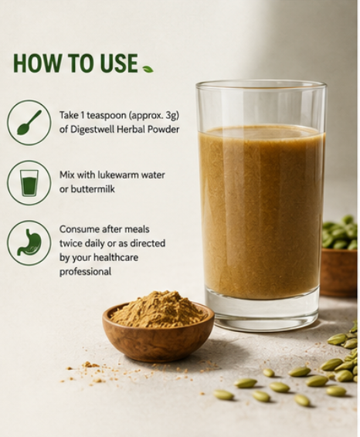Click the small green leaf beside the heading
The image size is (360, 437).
[x=148, y=69]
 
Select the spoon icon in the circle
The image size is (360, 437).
[x=29, y=123]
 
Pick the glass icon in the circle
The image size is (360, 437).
[x=29, y=183]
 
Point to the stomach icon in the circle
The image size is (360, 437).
[x=29, y=242]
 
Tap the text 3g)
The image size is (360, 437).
[x=172, y=116]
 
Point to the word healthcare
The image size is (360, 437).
[x=115, y=257]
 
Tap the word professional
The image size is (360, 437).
[x=85, y=272]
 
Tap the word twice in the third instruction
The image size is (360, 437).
[x=70, y=243]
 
